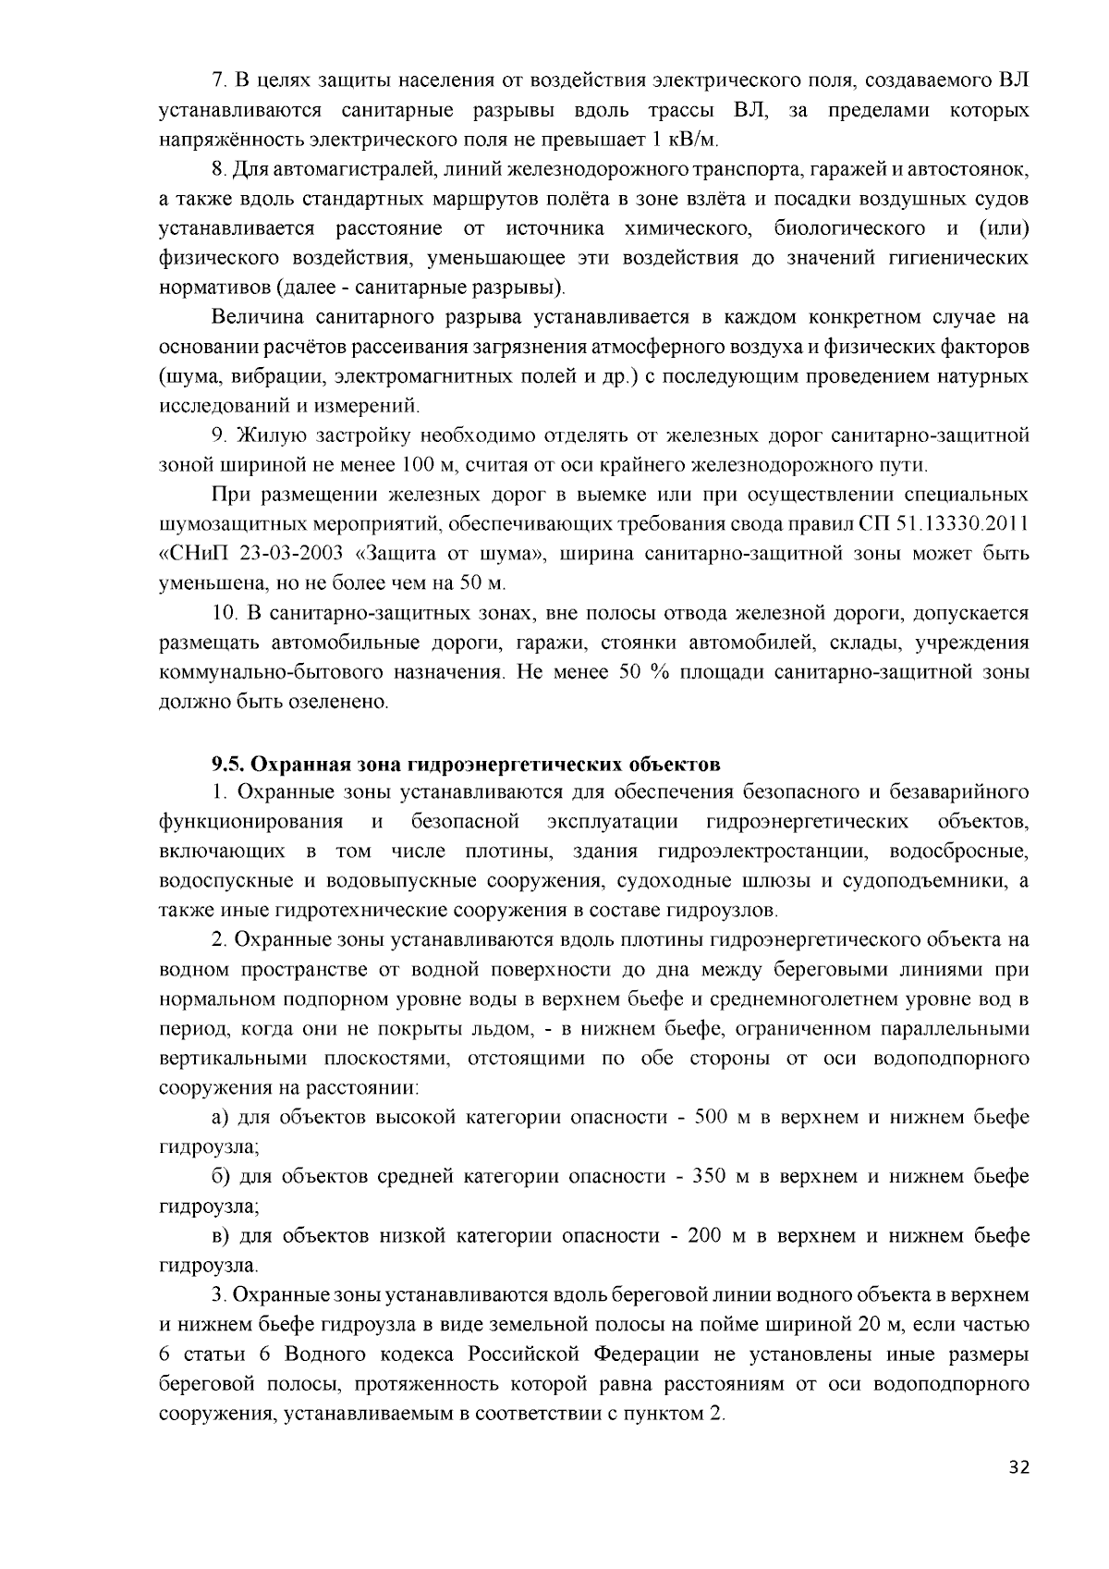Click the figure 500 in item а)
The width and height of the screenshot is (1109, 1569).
point(712,1118)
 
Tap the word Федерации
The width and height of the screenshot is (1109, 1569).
point(648,1354)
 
